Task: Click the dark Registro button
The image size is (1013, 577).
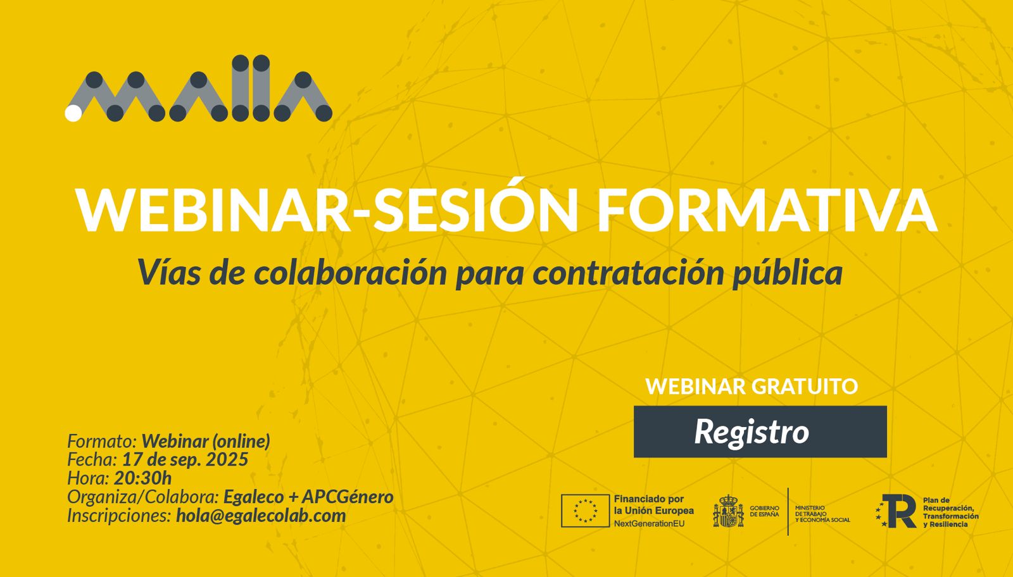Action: click(760, 431)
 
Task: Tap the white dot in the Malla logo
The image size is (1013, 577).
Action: click(73, 113)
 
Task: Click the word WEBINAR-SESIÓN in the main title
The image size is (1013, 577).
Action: click(327, 209)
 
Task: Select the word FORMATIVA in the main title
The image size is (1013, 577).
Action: click(767, 211)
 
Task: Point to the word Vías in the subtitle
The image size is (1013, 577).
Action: click(169, 272)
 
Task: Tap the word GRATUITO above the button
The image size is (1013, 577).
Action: click(805, 387)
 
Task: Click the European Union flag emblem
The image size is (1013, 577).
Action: click(585, 511)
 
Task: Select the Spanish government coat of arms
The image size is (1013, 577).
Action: click(728, 511)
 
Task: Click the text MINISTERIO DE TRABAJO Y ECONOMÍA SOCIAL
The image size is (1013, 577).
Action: click(822, 514)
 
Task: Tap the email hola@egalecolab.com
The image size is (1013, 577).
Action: click(261, 516)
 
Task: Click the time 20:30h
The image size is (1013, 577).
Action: click(142, 478)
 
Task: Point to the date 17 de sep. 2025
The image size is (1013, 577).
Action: click(185, 459)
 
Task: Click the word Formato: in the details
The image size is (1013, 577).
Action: click(102, 440)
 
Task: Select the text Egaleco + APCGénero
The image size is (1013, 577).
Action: click(308, 497)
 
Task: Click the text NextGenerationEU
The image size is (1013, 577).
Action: click(649, 524)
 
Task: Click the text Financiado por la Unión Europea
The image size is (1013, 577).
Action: click(653, 505)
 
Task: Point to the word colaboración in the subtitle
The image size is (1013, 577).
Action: click(351, 272)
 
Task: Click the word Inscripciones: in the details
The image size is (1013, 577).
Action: click(120, 516)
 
